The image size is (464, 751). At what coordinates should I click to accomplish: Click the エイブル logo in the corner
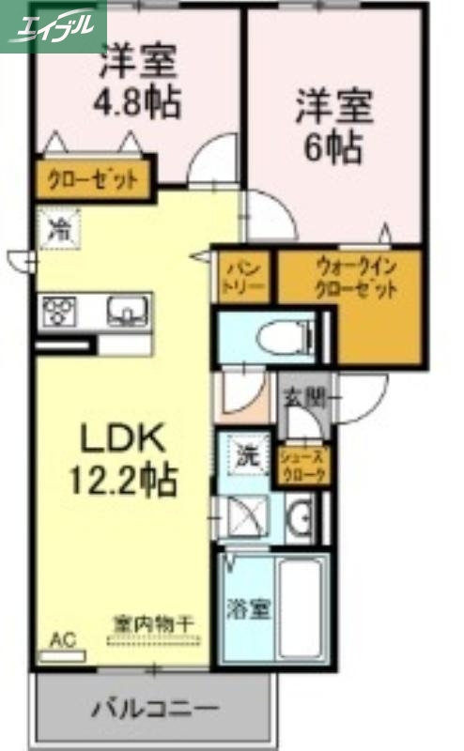coord(53,25)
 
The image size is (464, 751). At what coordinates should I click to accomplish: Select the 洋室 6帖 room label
coord(334,125)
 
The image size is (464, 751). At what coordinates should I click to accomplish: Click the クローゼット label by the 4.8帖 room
coord(93,178)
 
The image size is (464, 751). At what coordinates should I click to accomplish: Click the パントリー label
coord(244,276)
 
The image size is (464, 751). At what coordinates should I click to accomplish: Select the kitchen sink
coord(126,310)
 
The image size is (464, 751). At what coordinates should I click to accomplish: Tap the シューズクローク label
coord(304,466)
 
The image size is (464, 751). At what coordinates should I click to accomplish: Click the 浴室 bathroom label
coord(248,608)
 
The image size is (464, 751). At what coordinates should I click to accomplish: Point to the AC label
coord(61,640)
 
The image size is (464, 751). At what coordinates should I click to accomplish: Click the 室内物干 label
coord(155,622)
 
